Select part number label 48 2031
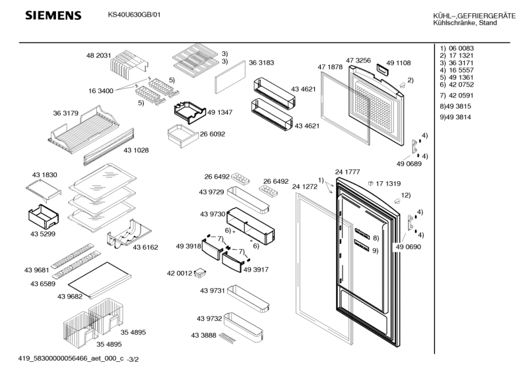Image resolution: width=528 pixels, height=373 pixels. pyautogui.click(x=98, y=57)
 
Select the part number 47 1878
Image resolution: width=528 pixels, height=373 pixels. pyautogui.click(x=330, y=67)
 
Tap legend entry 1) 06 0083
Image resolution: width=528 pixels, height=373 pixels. pyautogui.click(x=456, y=49)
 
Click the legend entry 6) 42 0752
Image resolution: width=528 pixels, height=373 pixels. pyautogui.click(x=456, y=85)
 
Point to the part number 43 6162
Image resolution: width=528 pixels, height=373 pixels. pyautogui.click(x=145, y=247)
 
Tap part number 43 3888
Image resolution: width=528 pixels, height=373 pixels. pyautogui.click(x=204, y=335)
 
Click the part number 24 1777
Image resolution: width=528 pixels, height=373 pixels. pyautogui.click(x=347, y=172)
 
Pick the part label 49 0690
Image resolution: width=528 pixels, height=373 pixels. pyautogui.click(x=408, y=246)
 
